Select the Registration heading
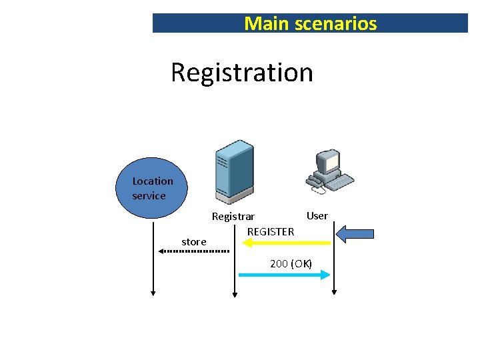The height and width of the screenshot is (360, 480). tap(241, 72)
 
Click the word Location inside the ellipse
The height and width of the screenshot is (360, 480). tap(153, 181)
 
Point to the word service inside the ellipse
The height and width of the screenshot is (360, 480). tap(149, 196)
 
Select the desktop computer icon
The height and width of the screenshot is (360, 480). tap(329, 171)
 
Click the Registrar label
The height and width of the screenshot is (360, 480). tap(233, 217)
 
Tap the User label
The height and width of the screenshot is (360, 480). tap(317, 215)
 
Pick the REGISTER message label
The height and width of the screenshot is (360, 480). tap(271, 231)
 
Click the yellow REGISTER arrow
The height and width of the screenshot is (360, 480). tap(287, 243)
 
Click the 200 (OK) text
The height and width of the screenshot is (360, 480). tap(291, 263)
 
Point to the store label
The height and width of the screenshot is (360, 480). tap(194, 242)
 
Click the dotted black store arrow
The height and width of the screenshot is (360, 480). tap(193, 251)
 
